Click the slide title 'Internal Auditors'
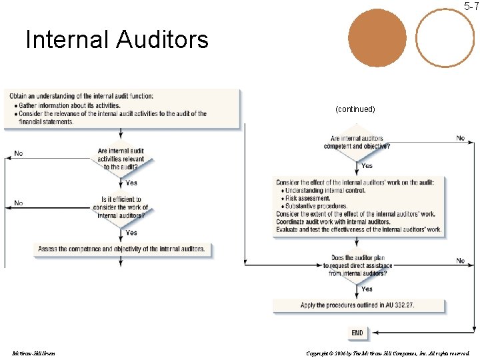point(117,40)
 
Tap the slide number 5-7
point(471,7)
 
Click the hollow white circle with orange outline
point(445,39)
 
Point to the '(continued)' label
point(355,109)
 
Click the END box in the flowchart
point(357,333)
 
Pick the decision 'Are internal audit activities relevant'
point(121,159)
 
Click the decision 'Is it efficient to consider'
point(121,207)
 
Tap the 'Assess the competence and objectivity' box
point(122,249)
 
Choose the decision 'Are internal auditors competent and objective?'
point(357,143)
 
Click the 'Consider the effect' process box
point(359,206)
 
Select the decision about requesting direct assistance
point(358,265)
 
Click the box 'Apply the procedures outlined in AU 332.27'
point(357,305)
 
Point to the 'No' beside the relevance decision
point(19,153)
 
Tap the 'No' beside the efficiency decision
point(19,203)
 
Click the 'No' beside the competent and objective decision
point(461,138)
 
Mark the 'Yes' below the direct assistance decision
point(367,289)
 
